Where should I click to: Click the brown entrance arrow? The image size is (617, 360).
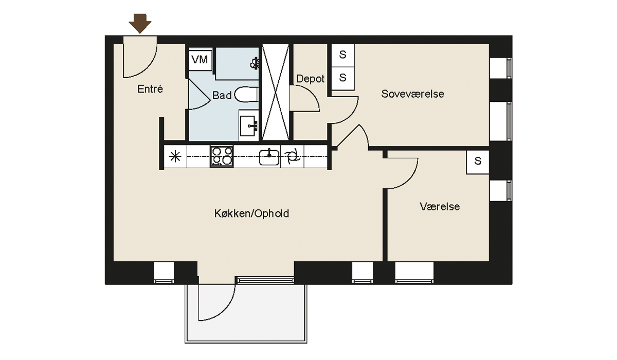[x=140, y=24]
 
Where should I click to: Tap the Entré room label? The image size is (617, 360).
[x=150, y=89]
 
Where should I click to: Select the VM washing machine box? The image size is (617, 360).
[x=200, y=60]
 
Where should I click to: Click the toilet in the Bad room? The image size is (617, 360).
[x=246, y=95]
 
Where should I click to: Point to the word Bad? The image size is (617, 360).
[x=222, y=95]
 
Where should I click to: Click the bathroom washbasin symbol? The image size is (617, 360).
[x=249, y=126]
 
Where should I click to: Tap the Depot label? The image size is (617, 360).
[x=310, y=79]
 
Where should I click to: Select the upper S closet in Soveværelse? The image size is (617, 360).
[x=342, y=55]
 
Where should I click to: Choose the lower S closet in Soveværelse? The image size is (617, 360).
[x=342, y=78]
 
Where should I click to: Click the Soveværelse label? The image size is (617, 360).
[x=412, y=94]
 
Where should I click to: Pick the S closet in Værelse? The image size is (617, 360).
[x=478, y=161]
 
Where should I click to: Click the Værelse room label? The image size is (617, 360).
[x=440, y=206]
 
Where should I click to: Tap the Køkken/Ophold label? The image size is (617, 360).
[x=251, y=213]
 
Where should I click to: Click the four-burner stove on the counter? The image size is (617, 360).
[x=222, y=156]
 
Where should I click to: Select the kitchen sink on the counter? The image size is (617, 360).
[x=269, y=156]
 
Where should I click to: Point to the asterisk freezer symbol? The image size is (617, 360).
[x=175, y=157]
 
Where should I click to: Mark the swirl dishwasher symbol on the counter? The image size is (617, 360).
[x=292, y=156]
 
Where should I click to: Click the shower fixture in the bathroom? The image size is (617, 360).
[x=255, y=63]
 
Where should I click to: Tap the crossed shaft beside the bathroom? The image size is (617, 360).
[x=276, y=92]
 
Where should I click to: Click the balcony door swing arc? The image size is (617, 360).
[x=227, y=310]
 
